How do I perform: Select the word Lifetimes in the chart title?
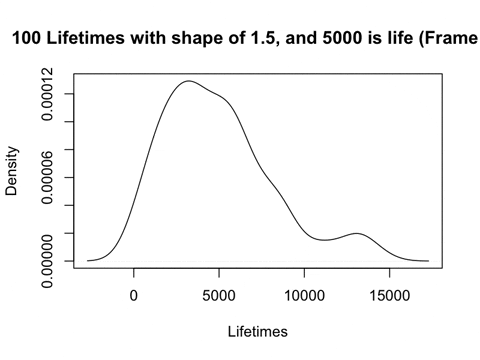click(x=87, y=41)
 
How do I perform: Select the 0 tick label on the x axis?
click(x=134, y=295)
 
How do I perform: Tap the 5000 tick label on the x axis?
click(x=219, y=295)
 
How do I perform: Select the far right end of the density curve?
click(x=428, y=260)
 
